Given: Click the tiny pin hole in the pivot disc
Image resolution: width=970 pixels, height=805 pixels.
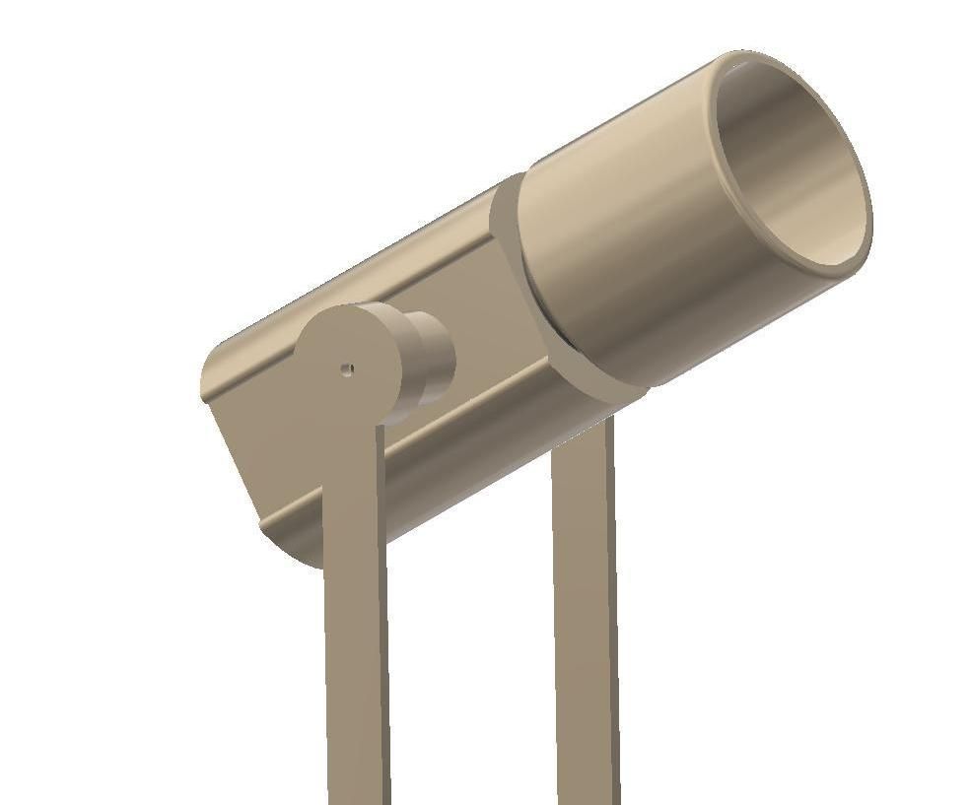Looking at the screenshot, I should pos(347,369).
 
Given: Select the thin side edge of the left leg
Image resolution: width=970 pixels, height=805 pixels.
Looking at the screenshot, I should pos(383,640).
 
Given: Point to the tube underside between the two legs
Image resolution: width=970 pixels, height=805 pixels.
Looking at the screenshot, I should pos(473,493).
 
